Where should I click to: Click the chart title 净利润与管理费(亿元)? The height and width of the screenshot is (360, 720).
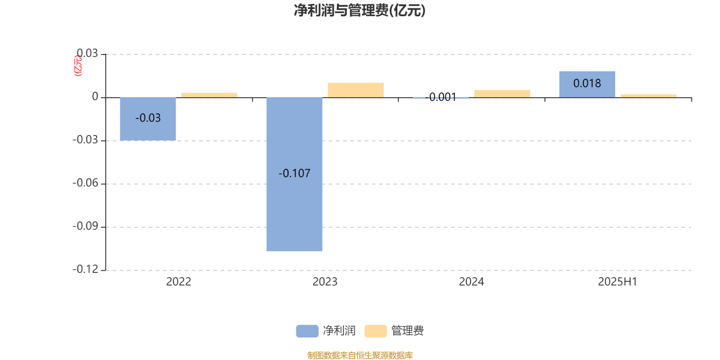tap(360, 10)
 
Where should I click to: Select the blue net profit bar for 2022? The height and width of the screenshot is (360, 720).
tap(148, 119)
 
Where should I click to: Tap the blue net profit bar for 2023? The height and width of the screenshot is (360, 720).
tap(294, 174)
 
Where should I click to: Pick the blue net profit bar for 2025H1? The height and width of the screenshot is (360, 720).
tap(587, 84)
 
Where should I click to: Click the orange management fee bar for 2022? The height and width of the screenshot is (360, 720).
tap(209, 95)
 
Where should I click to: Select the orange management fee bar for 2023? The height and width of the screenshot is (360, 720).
tap(356, 90)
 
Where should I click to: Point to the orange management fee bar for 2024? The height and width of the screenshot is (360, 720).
tap(502, 94)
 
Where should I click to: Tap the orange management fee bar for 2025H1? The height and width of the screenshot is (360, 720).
tap(648, 96)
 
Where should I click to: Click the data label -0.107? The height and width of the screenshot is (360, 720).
tap(294, 174)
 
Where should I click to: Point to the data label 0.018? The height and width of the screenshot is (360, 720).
tap(587, 84)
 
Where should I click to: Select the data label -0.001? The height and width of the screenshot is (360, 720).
tap(441, 97)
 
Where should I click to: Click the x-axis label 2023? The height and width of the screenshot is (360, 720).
tap(325, 282)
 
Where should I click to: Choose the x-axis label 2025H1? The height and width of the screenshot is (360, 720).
tap(617, 282)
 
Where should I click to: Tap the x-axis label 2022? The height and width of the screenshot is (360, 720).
tap(179, 282)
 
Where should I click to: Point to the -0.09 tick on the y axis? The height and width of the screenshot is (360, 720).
tap(85, 226)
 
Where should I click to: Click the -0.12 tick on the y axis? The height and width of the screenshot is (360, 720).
tap(85, 270)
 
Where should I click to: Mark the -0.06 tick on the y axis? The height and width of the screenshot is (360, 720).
tap(85, 183)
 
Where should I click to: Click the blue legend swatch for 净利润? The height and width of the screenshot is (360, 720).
tap(307, 331)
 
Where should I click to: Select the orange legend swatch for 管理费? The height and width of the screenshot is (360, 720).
tap(375, 331)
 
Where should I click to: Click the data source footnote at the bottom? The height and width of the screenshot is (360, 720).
tap(360, 355)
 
